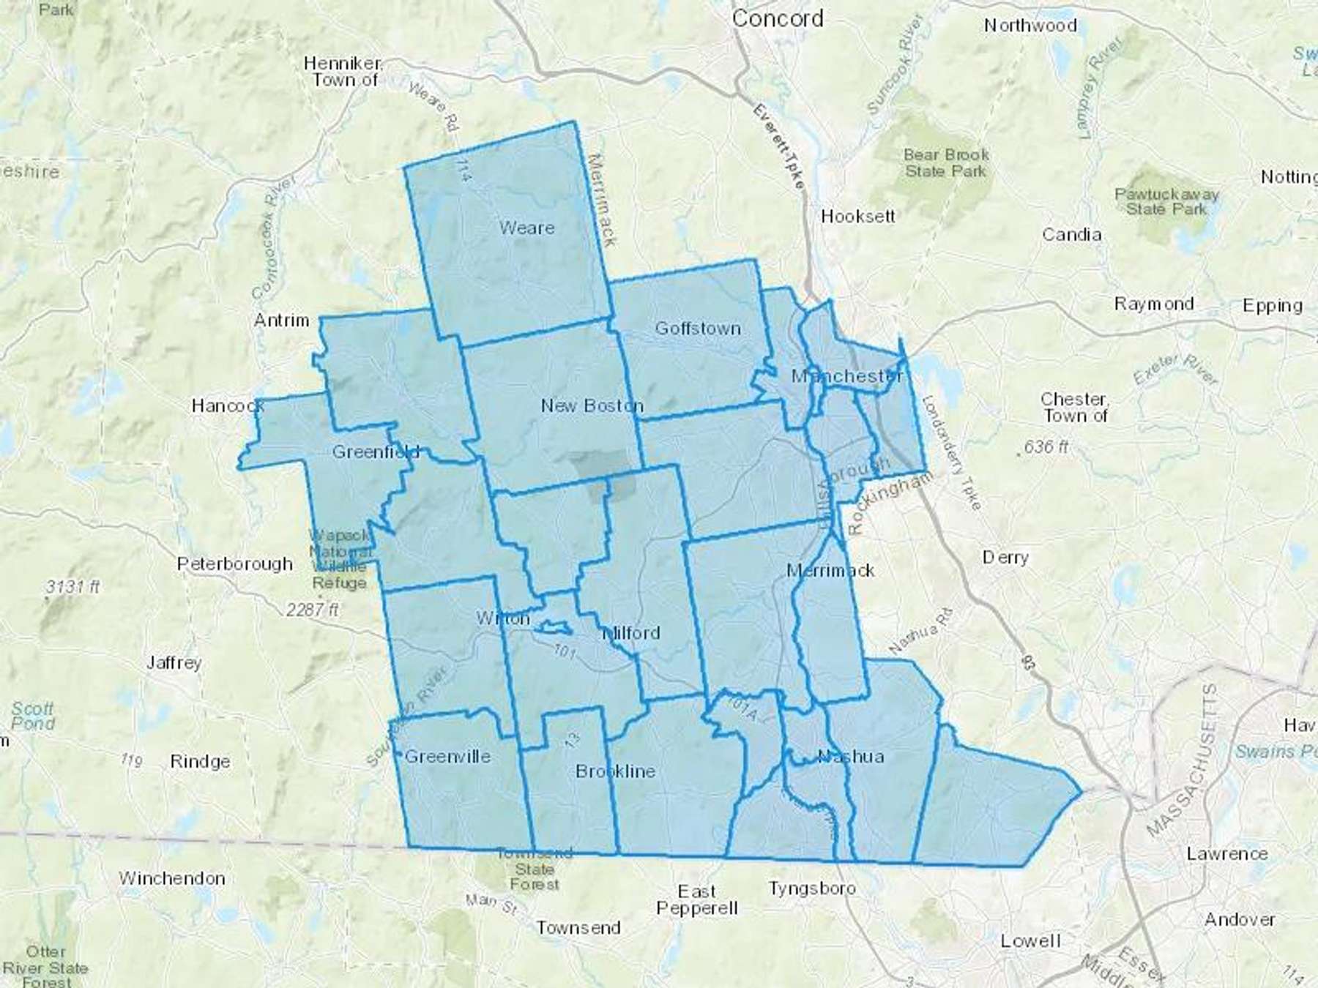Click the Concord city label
click(777, 18)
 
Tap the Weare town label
click(526, 228)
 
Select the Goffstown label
click(697, 329)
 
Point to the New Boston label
click(592, 405)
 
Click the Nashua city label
click(850, 756)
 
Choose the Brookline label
click(615, 771)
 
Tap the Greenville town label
click(447, 757)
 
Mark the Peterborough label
click(235, 564)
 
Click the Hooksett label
click(857, 216)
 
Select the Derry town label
click(1005, 558)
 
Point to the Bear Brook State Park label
click(946, 163)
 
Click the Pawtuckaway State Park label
click(1166, 201)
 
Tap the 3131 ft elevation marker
click(72, 587)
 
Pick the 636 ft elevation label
click(1046, 446)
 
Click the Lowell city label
click(1030, 940)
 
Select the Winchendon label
click(172, 878)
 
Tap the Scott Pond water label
click(33, 716)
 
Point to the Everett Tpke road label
click(779, 146)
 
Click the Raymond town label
click(1154, 304)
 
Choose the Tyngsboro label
click(812, 889)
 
